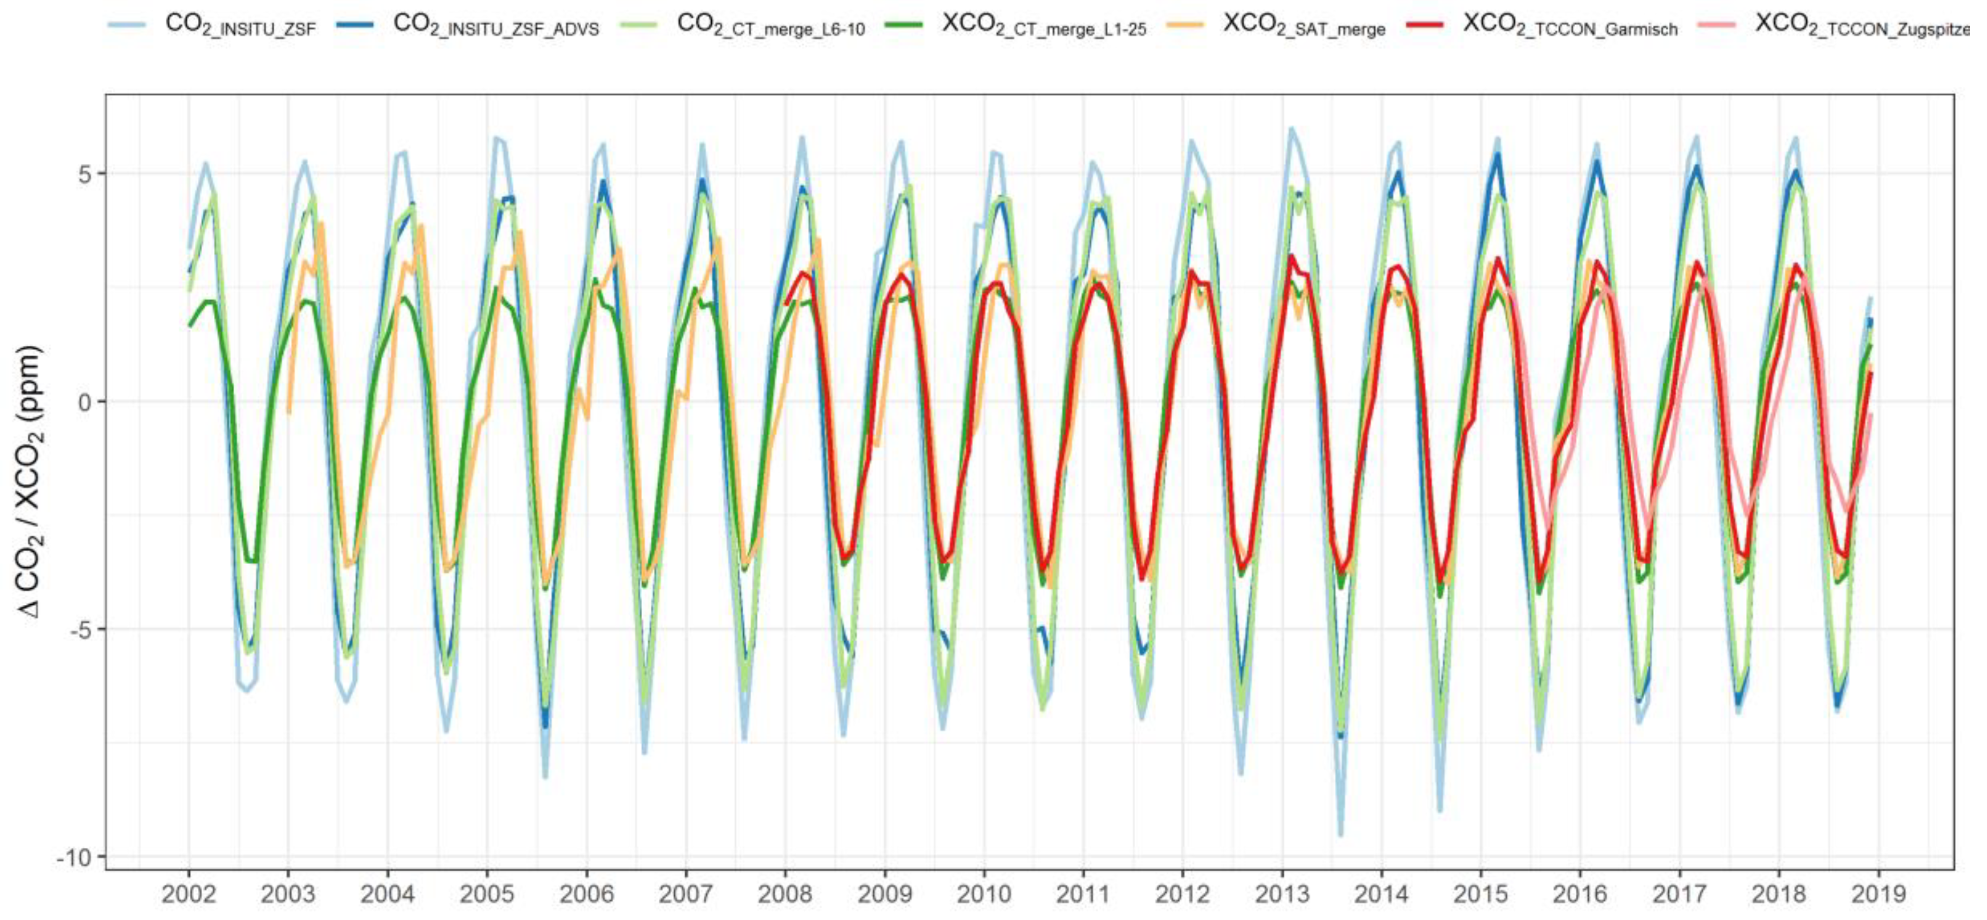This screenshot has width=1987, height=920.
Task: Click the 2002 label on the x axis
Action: [188, 895]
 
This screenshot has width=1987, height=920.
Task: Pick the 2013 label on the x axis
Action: [1282, 895]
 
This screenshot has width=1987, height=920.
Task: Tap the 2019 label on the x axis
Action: [1878, 895]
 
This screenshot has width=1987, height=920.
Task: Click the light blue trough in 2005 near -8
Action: [545, 777]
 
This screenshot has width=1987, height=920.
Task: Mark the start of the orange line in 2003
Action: [288, 413]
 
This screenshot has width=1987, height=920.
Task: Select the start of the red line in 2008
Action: [785, 304]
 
